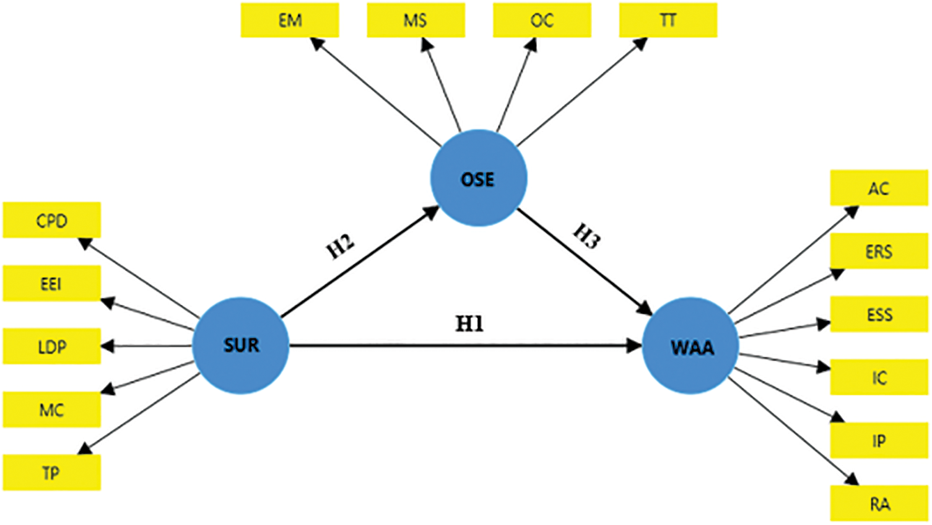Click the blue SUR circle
coord(240,345)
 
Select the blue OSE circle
coord(478,179)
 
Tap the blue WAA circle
coord(691,346)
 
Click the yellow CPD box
coord(51,220)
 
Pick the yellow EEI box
coord(51,283)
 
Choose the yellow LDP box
coord(51,346)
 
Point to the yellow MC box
coord(51,410)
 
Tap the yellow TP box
coord(51,473)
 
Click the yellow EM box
coord(290,20)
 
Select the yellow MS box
coord(416,20)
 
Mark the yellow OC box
coord(542,20)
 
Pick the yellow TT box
coord(668,20)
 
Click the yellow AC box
coord(879,188)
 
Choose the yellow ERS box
coord(879,251)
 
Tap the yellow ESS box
coord(879,314)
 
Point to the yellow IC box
coord(879,377)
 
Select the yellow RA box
coord(879,503)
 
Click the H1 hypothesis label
coord(469,324)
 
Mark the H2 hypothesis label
coord(341,246)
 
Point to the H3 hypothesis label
coord(586,236)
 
